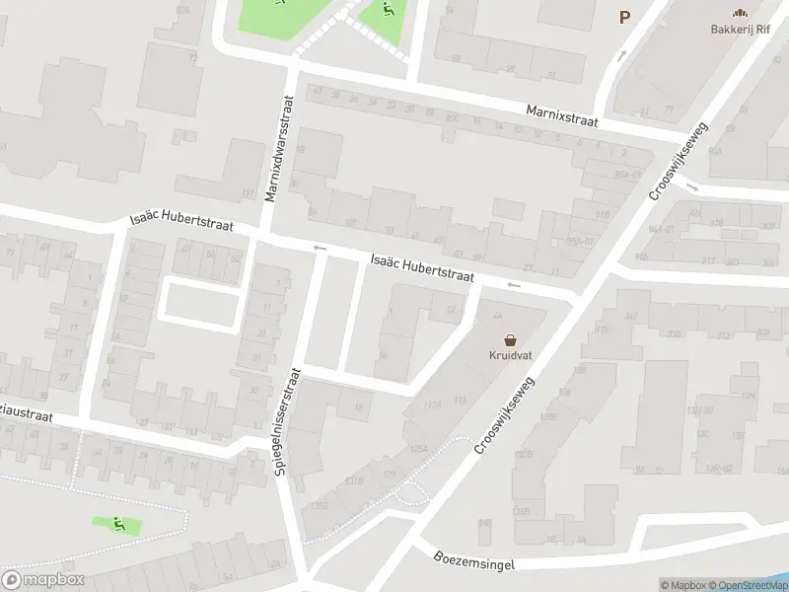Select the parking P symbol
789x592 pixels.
pyautogui.click(x=623, y=17)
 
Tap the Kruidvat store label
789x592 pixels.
pyautogui.click(x=509, y=355)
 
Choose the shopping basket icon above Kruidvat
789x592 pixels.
pyautogui.click(x=509, y=338)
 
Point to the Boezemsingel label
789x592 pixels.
pyautogui.click(x=474, y=558)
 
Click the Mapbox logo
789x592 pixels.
pyautogui.click(x=42, y=580)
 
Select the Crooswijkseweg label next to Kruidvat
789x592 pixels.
pyautogui.click(x=504, y=415)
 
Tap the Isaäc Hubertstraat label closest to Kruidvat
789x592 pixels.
pyautogui.click(x=422, y=265)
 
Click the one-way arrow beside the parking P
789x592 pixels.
pyautogui.click(x=620, y=56)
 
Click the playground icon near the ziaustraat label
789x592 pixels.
pyautogui.click(x=118, y=524)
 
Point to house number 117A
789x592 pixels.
pyautogui.click(x=431, y=406)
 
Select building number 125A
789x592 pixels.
pyautogui.click(x=418, y=449)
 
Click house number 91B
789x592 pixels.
pyautogui.click(x=602, y=213)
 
